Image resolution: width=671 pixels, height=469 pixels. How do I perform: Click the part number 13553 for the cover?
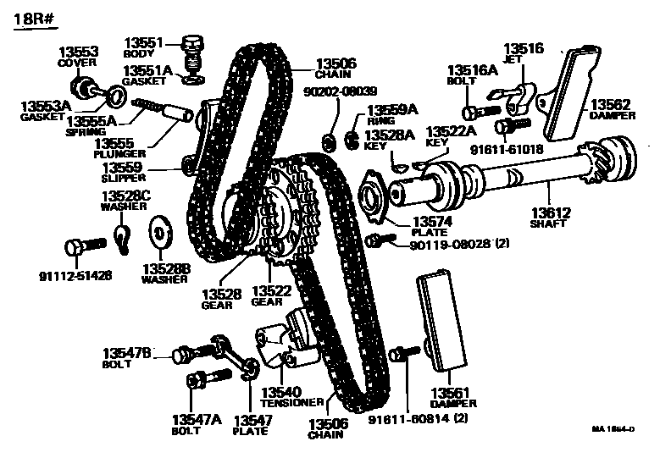click(x=78, y=51)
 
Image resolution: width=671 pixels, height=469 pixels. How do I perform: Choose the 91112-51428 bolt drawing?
click(x=82, y=247)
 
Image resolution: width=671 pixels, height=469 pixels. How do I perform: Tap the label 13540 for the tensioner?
click(x=280, y=392)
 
